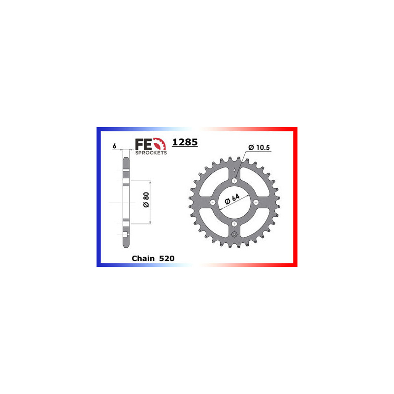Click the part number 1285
pyautogui.click(x=185, y=143)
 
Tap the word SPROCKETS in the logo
pyautogui.click(x=151, y=153)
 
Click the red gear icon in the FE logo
pyautogui.click(x=159, y=144)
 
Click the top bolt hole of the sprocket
pyautogui.click(x=234, y=181)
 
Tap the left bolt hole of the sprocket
pyautogui.click(x=213, y=202)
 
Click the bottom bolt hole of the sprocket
pyautogui.click(x=234, y=223)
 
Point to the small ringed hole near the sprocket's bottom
pyautogui.click(x=234, y=234)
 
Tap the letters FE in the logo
pyautogui.click(x=143, y=143)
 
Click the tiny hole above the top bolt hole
pyautogui.click(x=234, y=170)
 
